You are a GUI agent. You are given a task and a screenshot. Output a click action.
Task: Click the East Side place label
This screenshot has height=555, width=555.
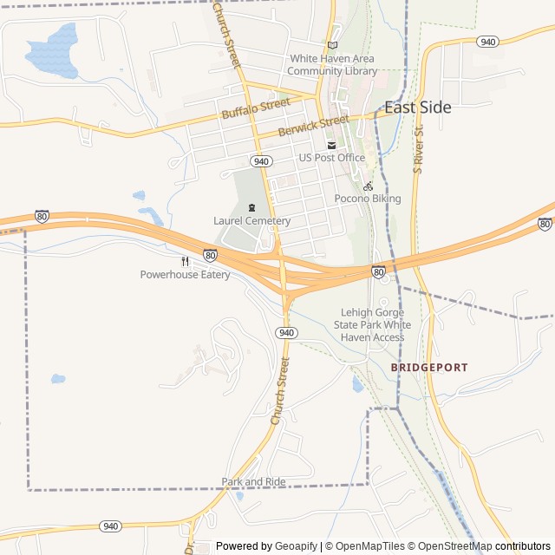[417, 108]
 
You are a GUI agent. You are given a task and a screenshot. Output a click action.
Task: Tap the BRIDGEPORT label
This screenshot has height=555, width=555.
[428, 368]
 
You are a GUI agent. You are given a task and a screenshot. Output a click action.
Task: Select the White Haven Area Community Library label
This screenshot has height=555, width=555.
[333, 65]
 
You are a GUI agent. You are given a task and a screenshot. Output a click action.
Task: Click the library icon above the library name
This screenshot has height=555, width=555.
[332, 46]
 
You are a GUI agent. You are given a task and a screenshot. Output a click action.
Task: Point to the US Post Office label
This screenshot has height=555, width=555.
[331, 158]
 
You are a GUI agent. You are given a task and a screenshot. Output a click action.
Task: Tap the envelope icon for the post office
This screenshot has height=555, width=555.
[331, 145]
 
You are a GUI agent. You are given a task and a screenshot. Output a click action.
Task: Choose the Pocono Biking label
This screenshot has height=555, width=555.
[368, 199]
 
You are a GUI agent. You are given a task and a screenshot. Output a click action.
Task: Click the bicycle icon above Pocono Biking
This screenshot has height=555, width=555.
[368, 186]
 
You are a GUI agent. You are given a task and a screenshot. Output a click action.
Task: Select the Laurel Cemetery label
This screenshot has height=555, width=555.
[251, 221]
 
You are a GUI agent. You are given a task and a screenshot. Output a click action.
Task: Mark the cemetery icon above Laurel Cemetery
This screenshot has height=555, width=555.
[251, 208]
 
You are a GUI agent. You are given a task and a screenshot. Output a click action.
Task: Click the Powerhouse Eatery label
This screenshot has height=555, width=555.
[186, 275]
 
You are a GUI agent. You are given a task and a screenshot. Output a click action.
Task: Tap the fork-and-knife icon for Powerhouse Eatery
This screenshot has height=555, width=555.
[185, 262]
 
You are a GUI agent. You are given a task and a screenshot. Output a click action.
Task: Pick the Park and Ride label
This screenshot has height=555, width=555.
[253, 482]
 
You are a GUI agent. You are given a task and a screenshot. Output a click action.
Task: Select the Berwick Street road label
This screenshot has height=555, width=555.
[313, 126]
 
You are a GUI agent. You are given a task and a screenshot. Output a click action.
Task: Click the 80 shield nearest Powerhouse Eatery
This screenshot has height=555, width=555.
[210, 255]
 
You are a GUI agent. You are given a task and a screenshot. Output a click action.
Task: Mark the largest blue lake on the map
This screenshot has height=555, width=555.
[54, 49]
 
